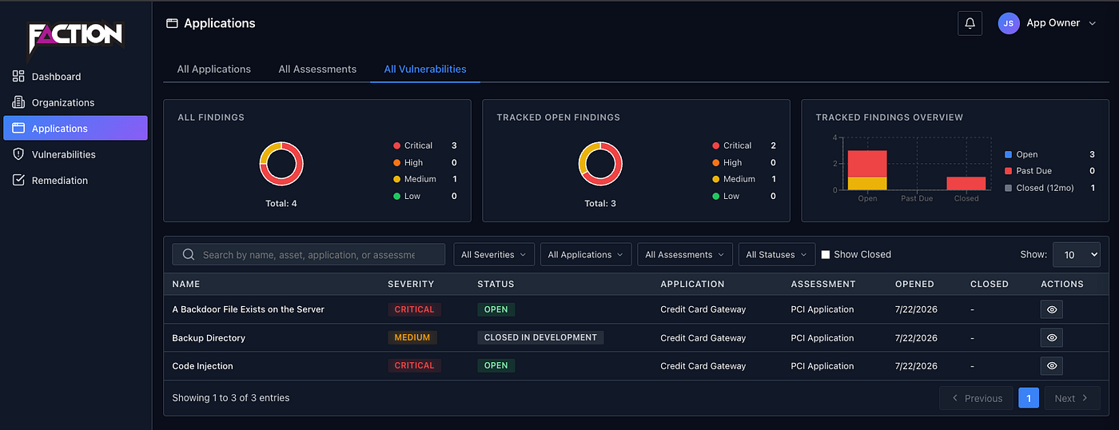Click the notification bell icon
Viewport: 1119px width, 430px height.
(x=970, y=23)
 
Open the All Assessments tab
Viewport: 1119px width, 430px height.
(x=317, y=69)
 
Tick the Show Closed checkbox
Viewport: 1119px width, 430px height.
(x=826, y=255)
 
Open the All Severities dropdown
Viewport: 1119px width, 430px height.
(x=494, y=255)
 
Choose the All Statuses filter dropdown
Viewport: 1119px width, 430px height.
(x=776, y=255)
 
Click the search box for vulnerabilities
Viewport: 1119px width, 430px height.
(x=309, y=255)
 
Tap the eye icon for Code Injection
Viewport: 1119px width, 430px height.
(x=1052, y=365)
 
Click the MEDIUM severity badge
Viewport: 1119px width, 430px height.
(x=412, y=337)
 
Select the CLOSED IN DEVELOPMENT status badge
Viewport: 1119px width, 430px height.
(x=540, y=337)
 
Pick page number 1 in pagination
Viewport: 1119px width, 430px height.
(x=1029, y=398)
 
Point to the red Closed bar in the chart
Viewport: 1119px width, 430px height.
(x=966, y=183)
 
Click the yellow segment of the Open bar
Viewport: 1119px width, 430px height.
(x=867, y=183)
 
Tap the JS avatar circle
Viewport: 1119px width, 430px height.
(x=1009, y=23)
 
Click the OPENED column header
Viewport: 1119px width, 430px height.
(x=914, y=285)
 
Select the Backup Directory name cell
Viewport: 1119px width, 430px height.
(x=209, y=338)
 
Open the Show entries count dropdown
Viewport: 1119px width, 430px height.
(x=1076, y=255)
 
